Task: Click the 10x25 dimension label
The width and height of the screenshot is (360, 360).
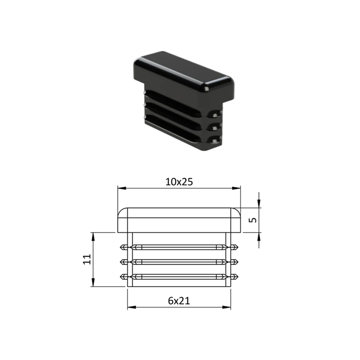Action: (x=179, y=182)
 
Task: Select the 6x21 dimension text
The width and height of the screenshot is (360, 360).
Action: (x=179, y=301)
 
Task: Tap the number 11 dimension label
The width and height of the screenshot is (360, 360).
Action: (x=87, y=260)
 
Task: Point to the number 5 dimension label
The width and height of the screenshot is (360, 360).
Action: (x=252, y=220)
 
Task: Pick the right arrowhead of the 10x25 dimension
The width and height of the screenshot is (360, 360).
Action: (x=236, y=188)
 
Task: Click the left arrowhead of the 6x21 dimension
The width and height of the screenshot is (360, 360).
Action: (x=132, y=307)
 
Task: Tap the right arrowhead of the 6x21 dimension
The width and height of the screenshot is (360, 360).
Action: (x=226, y=307)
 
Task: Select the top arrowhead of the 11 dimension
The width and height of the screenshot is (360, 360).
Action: (x=93, y=237)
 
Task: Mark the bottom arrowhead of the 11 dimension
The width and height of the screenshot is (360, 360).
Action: (x=93, y=283)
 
